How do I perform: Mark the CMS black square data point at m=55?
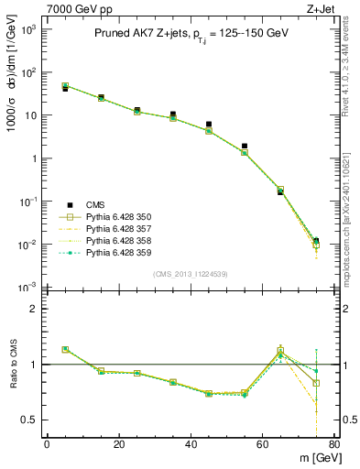[245, 147]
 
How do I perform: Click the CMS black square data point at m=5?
[65, 89]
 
